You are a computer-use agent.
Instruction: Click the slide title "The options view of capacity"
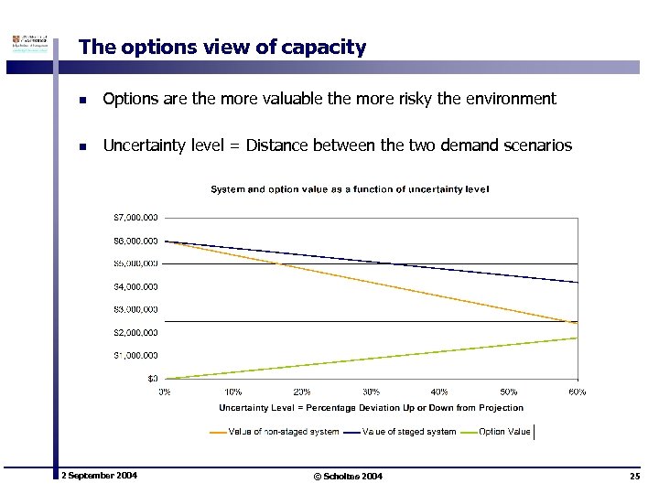tap(222, 47)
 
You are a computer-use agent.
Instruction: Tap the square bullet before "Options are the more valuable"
tap(82, 99)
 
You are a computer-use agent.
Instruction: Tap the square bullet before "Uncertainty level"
tap(82, 145)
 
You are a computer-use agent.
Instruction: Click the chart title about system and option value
tap(350, 189)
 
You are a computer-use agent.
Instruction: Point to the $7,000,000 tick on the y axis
tap(135, 218)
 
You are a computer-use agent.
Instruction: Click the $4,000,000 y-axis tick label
tap(135, 286)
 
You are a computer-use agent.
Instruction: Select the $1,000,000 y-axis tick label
tap(135, 355)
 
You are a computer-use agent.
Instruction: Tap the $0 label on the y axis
tap(152, 378)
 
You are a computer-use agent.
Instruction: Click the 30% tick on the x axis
tap(371, 392)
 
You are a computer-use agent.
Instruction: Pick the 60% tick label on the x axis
tap(577, 392)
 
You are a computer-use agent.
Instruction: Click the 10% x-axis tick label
tap(233, 392)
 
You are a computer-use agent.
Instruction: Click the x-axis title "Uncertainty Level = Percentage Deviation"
tap(371, 408)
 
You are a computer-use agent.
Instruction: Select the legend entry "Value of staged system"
tap(408, 432)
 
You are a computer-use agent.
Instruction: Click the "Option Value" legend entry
tap(504, 432)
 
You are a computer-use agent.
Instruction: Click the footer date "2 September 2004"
tap(99, 476)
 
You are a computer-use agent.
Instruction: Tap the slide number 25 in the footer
tap(634, 477)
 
